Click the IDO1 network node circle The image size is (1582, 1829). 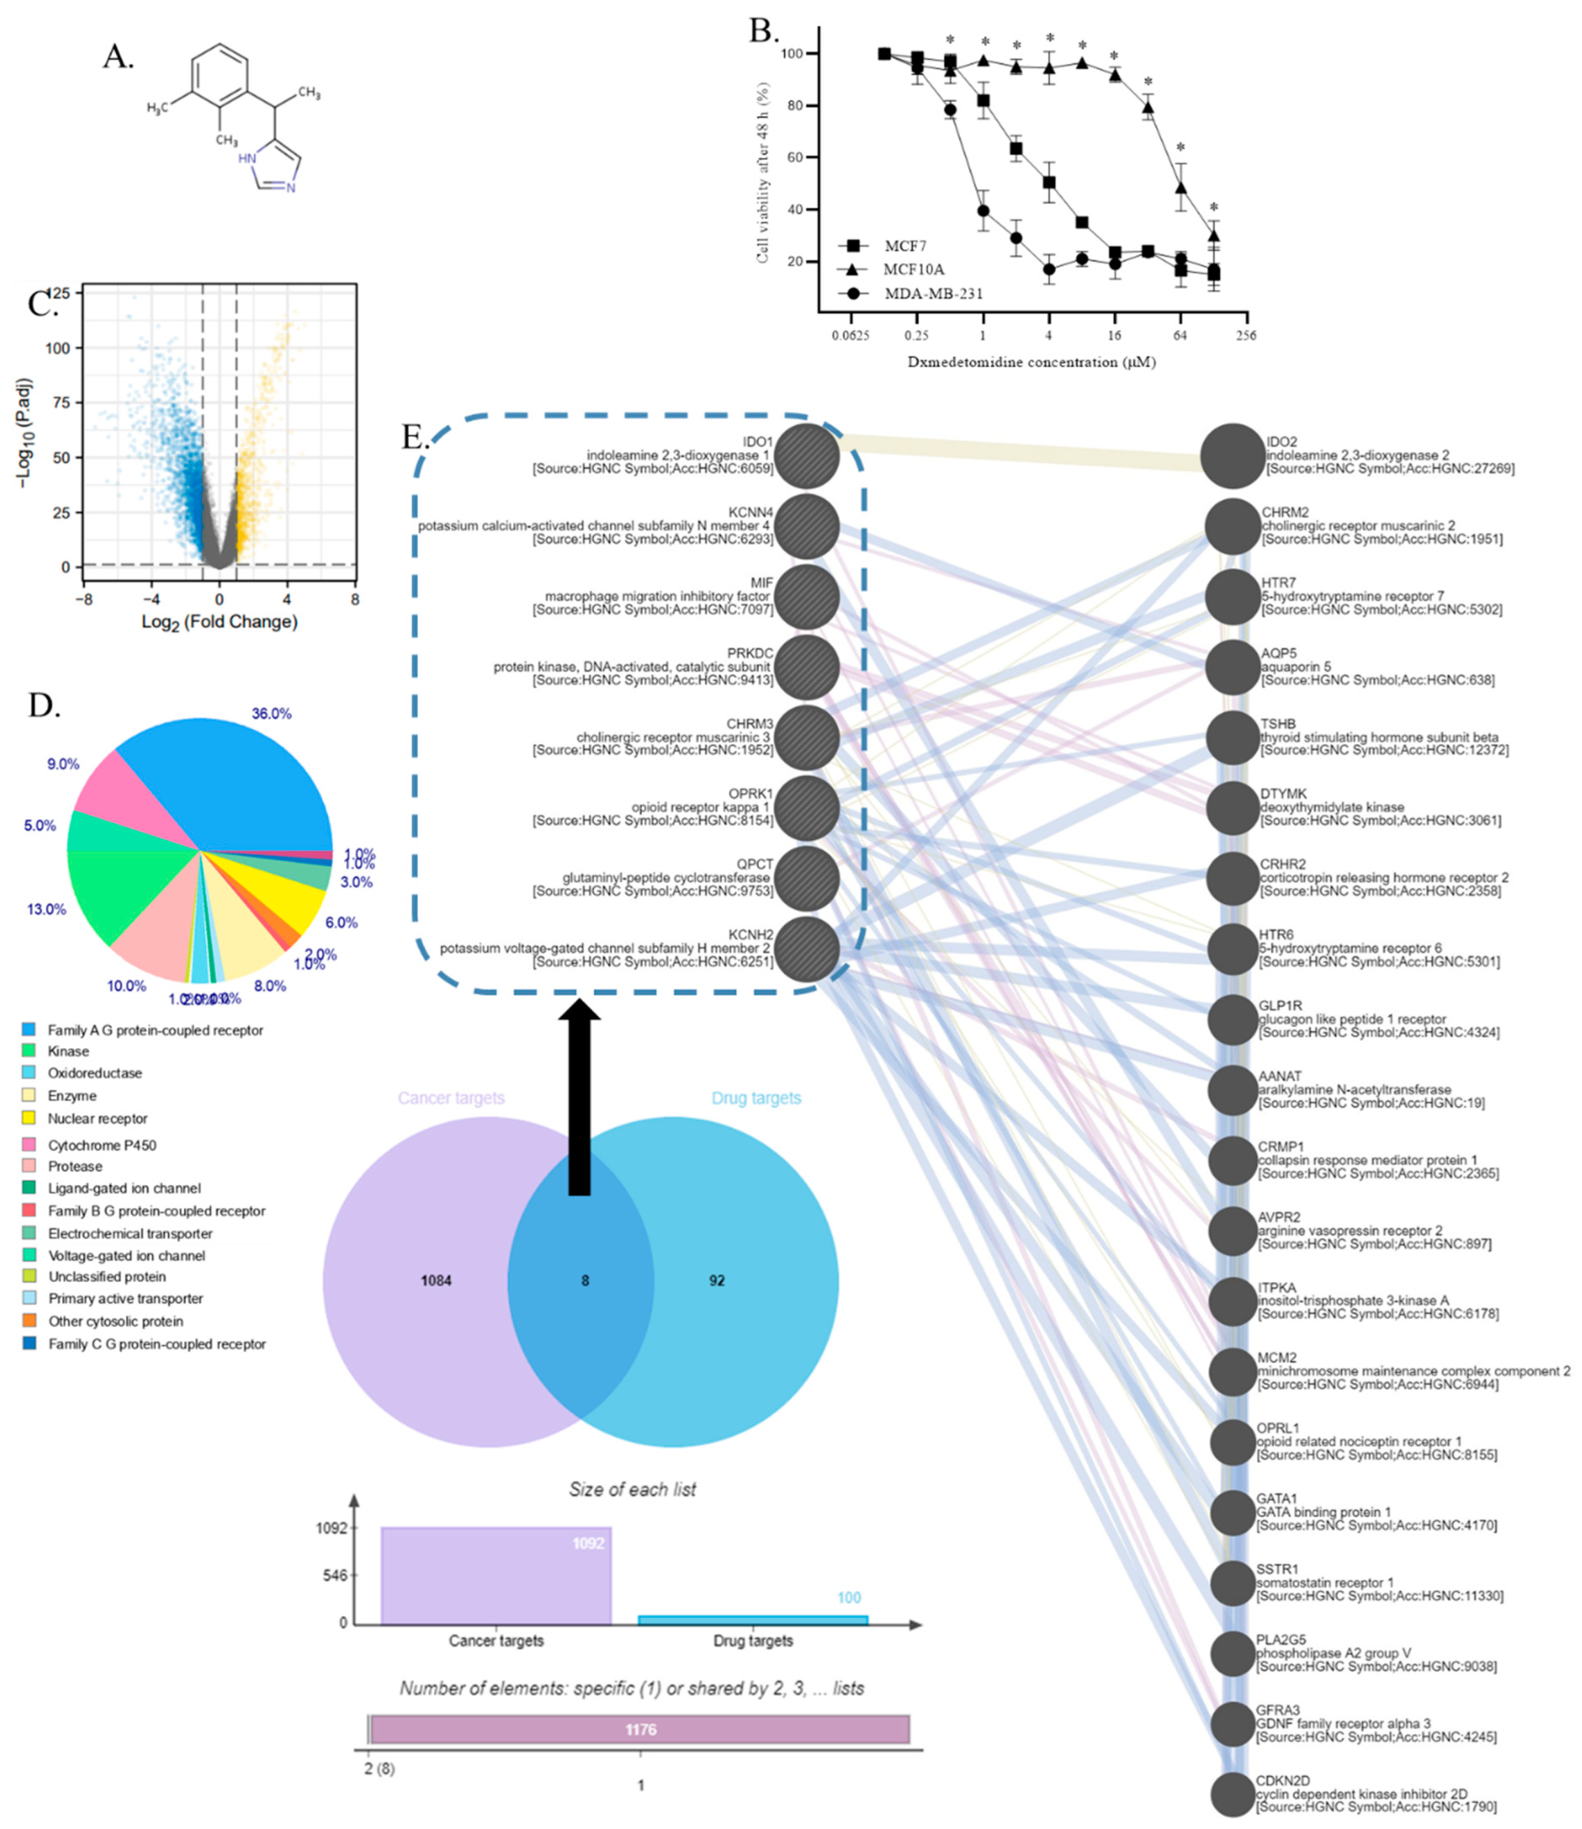[x=808, y=456]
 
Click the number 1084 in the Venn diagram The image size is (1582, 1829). [x=436, y=1281]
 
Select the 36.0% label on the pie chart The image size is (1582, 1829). [x=271, y=713]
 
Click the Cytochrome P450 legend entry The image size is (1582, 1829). [x=101, y=1145]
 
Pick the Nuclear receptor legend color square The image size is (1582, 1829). [x=29, y=1119]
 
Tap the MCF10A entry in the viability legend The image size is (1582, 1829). [x=914, y=269]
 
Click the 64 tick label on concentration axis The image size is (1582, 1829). [x=1179, y=335]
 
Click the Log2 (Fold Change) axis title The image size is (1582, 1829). [x=219, y=622]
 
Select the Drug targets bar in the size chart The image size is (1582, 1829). [x=752, y=1619]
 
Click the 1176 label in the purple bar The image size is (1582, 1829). [x=640, y=1729]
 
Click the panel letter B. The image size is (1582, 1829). [x=764, y=31]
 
